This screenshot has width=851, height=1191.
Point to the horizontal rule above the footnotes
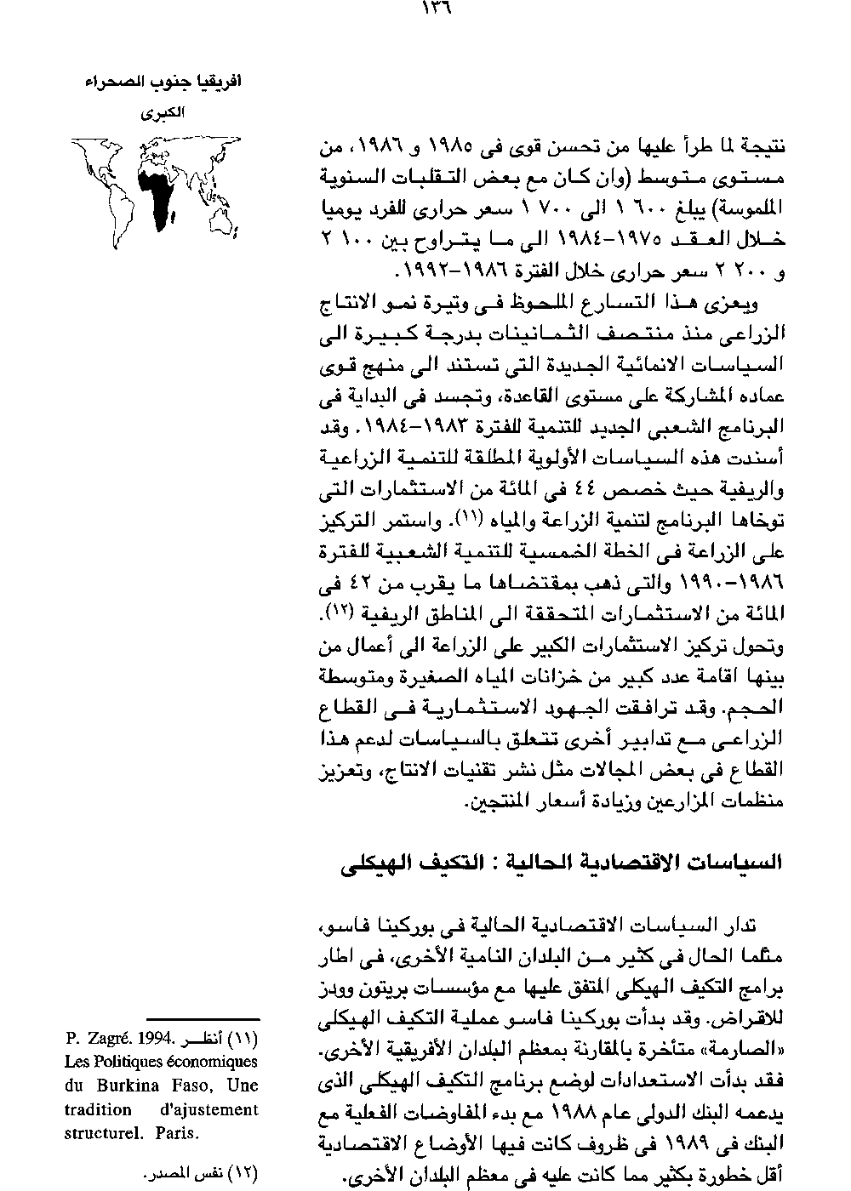tap(203, 1018)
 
